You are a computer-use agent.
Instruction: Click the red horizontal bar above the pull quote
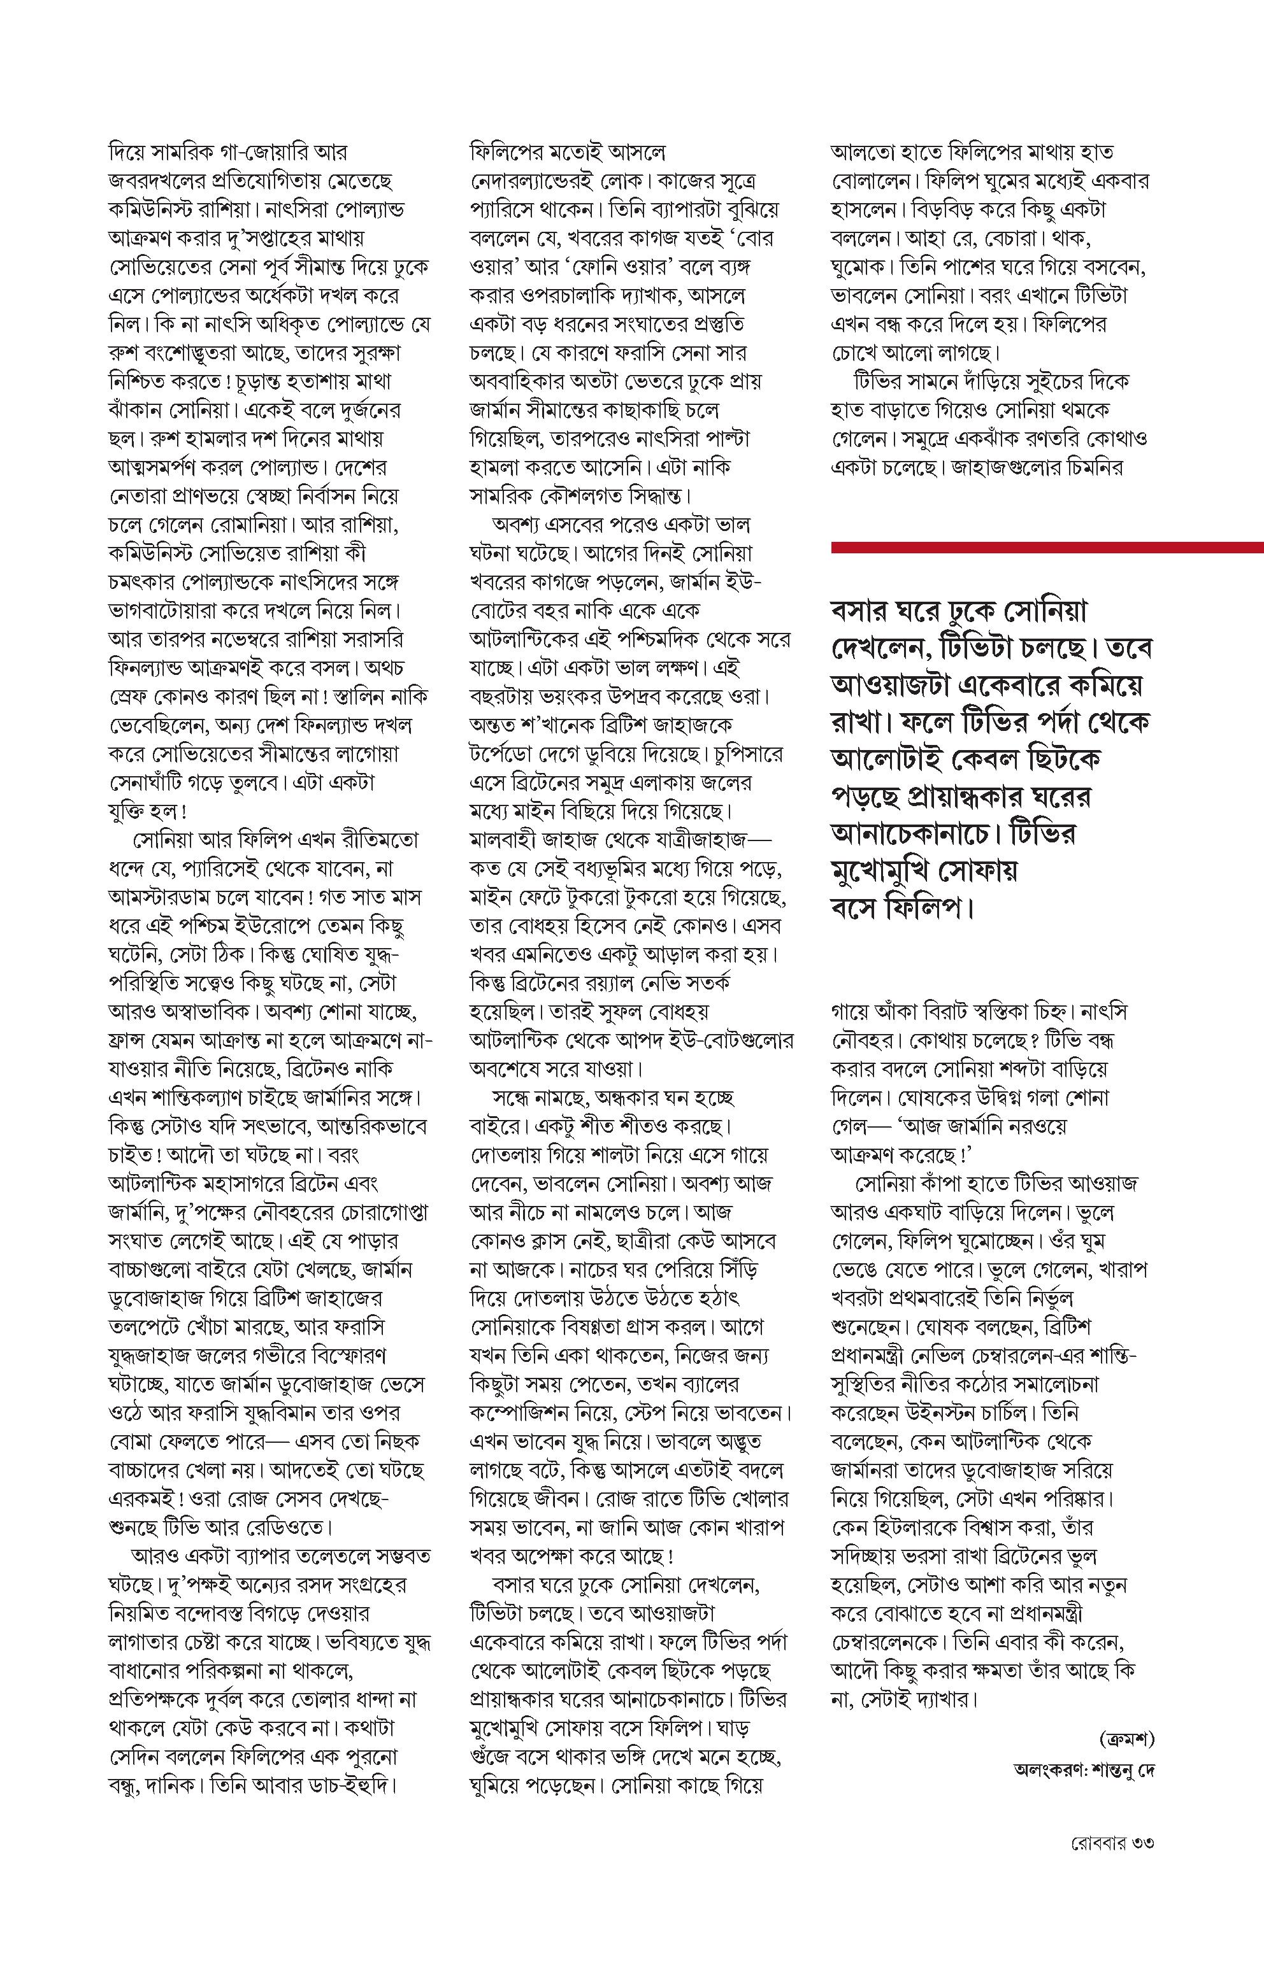(x=1047, y=547)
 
